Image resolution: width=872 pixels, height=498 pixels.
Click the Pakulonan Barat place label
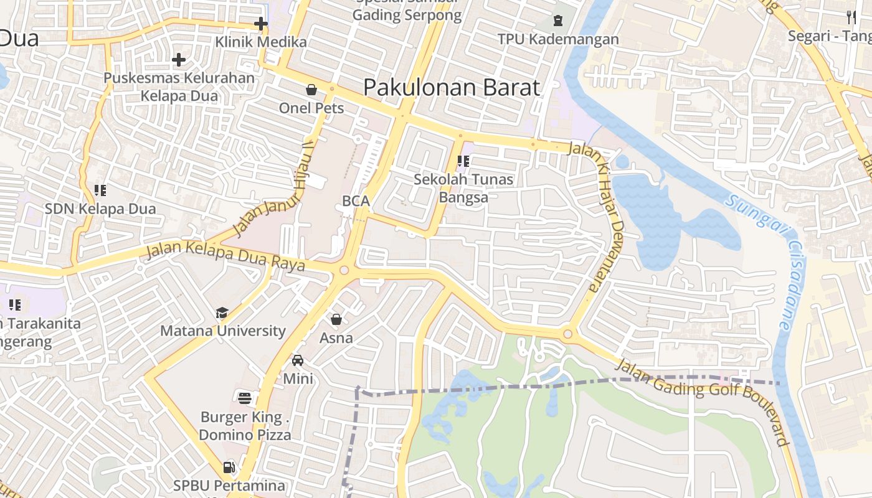(x=452, y=87)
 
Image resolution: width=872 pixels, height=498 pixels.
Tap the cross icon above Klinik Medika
(x=260, y=24)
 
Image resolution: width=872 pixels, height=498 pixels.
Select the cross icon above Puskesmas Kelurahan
(x=179, y=60)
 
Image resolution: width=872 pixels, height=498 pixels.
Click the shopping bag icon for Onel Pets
(x=311, y=90)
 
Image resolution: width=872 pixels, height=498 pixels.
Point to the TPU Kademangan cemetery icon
(x=557, y=20)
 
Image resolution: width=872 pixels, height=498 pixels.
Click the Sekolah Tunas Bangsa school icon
(x=463, y=161)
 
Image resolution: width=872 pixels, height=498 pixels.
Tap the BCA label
(x=356, y=201)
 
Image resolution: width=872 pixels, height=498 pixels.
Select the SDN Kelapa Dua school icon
(x=100, y=190)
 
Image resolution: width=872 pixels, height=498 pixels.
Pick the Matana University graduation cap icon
(x=222, y=312)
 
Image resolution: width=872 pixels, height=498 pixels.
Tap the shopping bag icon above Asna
(x=336, y=319)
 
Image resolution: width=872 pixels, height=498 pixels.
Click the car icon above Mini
(x=298, y=360)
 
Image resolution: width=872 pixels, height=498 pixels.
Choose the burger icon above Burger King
(x=245, y=398)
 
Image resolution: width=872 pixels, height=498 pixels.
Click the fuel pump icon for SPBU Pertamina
(x=229, y=467)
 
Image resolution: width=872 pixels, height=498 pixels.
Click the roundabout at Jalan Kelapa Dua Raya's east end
(x=343, y=271)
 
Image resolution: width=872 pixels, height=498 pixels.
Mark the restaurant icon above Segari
(x=851, y=17)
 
